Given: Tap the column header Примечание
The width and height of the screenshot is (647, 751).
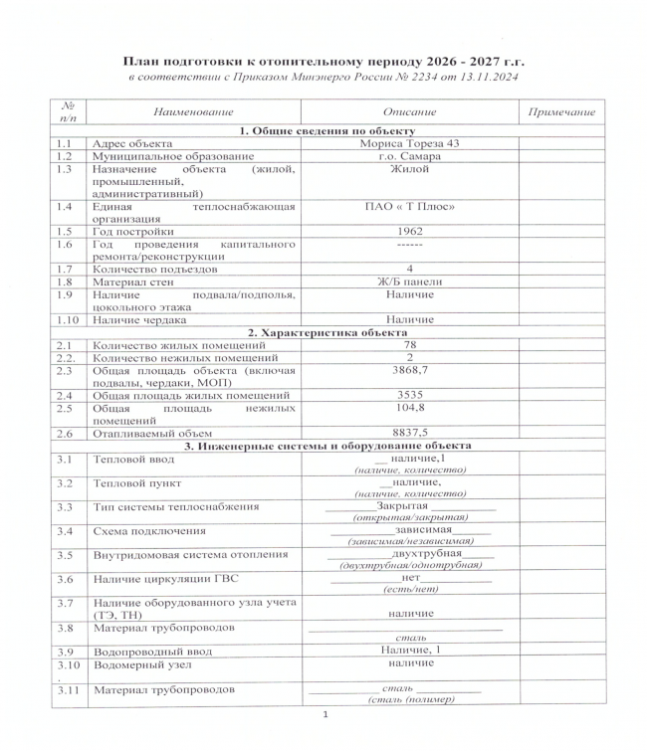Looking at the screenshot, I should (x=557, y=113).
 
